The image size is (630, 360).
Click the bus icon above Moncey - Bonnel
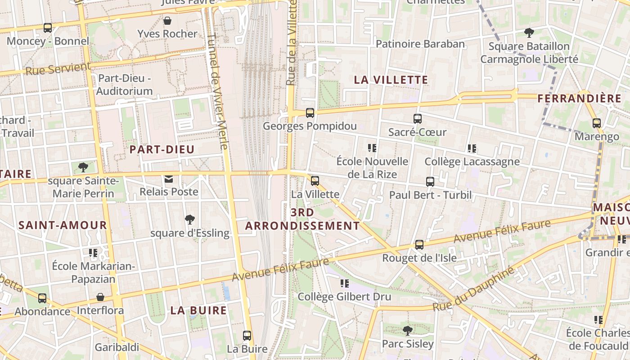(48, 28)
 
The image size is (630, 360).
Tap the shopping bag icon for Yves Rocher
(167, 21)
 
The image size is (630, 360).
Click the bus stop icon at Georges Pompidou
(310, 113)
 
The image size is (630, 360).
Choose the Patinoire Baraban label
(420, 44)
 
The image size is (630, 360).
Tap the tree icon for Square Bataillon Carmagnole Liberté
(529, 33)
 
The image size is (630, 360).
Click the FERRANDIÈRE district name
(579, 99)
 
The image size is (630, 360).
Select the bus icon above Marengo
(597, 123)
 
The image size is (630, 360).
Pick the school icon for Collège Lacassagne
(472, 148)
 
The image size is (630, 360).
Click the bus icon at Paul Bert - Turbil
(430, 182)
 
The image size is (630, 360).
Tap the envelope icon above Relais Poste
(169, 179)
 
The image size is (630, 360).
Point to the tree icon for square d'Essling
(190, 220)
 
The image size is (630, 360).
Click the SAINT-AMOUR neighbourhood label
(63, 225)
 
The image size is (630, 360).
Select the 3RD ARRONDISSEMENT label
(302, 219)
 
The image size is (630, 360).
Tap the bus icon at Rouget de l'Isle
(419, 245)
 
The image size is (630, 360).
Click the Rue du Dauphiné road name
(473, 289)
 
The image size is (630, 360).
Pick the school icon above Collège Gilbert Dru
(345, 283)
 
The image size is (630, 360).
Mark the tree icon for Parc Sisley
(408, 331)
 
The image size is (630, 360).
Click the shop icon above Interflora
(100, 297)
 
